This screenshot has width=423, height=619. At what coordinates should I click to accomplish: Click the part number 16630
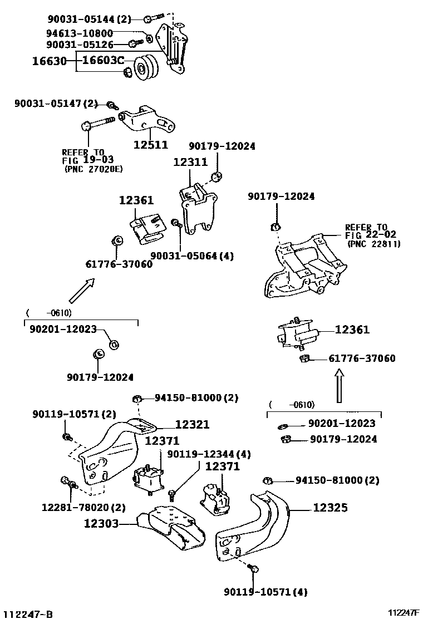tap(50, 61)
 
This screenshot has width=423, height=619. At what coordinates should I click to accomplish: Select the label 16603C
tap(103, 60)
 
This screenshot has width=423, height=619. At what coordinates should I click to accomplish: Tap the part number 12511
tap(151, 145)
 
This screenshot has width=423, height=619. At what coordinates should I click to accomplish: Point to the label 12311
tap(190, 162)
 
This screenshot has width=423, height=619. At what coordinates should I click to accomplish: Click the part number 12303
tap(101, 523)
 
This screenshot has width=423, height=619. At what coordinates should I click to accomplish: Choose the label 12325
tap(330, 507)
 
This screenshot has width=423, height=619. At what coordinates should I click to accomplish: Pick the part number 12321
tap(192, 424)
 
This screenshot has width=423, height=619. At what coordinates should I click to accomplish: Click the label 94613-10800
tap(80, 33)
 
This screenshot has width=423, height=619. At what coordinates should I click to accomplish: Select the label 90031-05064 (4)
tap(192, 256)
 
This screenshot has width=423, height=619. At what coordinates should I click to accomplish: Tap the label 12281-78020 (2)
tap(83, 507)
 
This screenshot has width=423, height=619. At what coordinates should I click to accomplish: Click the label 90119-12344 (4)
tap(209, 454)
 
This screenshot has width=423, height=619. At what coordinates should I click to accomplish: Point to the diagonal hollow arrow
tap(82, 290)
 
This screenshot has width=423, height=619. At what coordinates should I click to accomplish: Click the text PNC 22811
tap(373, 244)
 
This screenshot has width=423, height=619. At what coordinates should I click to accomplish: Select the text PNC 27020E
tap(94, 169)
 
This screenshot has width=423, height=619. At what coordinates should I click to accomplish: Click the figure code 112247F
tap(404, 612)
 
